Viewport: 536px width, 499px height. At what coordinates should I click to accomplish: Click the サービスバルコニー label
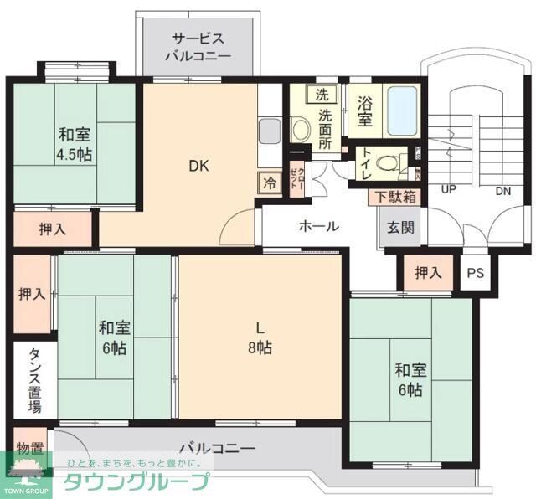coord(198,48)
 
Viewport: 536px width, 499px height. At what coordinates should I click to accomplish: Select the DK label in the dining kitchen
coord(198,166)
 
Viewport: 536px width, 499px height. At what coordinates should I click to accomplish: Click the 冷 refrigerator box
coord(269,182)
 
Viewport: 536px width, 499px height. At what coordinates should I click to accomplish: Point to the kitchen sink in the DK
coord(268,131)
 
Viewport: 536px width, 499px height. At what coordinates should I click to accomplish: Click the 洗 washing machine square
coord(322,95)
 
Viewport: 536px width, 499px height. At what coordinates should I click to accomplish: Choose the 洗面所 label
coord(325,130)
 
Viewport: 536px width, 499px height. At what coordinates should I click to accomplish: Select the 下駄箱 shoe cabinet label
coord(393,197)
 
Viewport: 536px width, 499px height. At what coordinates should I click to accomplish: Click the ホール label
coord(318,226)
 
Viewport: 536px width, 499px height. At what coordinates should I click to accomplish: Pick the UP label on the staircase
coord(449,190)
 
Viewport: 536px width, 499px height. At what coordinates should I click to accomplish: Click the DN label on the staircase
coord(502,190)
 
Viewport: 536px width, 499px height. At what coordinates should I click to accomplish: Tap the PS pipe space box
coord(475,272)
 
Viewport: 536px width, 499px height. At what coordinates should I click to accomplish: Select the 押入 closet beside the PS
coord(428,272)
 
